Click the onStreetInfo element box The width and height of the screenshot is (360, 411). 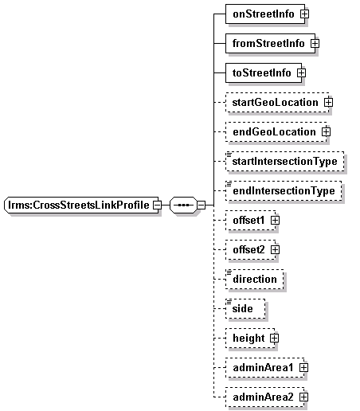265,14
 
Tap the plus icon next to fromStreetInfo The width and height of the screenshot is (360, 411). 315,43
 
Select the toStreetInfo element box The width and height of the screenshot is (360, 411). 264,72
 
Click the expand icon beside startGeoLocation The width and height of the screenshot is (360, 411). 328,102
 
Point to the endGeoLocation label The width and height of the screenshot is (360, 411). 274,132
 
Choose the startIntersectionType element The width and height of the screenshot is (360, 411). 285,161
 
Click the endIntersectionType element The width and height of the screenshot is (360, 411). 284,190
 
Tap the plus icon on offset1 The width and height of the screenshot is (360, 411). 275,220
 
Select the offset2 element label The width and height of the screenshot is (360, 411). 248,249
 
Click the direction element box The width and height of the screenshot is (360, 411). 254,279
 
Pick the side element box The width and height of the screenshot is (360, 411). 245,308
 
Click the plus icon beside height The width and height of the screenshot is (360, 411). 275,338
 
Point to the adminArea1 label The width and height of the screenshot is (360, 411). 263,368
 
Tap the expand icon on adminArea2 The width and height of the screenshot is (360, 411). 303,397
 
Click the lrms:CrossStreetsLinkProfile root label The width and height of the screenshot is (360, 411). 79,205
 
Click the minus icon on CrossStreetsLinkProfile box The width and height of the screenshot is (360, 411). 157,205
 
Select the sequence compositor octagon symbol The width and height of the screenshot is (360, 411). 183,205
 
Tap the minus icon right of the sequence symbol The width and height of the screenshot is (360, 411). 202,205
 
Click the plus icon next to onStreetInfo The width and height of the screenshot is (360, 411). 304,14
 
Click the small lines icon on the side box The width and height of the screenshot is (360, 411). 229,302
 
